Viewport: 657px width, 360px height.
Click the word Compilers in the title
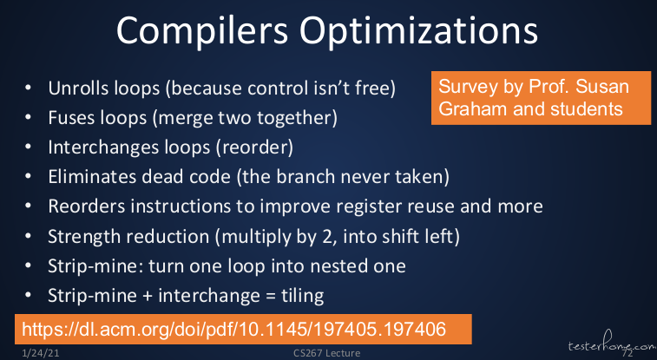202,31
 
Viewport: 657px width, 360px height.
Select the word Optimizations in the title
418,31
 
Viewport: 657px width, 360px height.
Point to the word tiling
302,296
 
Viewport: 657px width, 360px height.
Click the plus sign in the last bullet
147,297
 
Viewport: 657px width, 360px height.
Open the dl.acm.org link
233,329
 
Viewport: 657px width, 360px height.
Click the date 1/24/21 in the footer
40,353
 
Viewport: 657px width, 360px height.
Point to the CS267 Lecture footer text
326,353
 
